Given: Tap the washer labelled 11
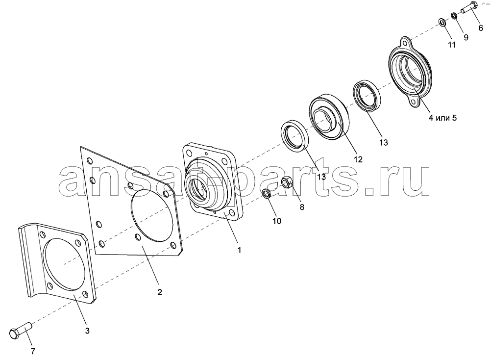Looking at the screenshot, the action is (442, 22).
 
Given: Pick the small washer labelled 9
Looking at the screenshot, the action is (455, 16).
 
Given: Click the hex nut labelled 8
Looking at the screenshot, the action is (287, 182).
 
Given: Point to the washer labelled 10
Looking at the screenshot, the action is (267, 194).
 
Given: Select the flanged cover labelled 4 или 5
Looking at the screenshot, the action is (410, 73).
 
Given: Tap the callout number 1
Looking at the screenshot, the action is (240, 250).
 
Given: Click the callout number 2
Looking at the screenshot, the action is (160, 292).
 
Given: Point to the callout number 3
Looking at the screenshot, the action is (87, 331).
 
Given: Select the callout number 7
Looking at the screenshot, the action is (33, 351).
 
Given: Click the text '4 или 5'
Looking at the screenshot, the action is (442, 118).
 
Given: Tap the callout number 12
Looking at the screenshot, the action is (358, 159).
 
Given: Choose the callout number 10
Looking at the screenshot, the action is (277, 221).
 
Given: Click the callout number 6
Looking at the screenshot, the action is (481, 28).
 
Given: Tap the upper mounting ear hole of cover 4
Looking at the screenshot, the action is (406, 41).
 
